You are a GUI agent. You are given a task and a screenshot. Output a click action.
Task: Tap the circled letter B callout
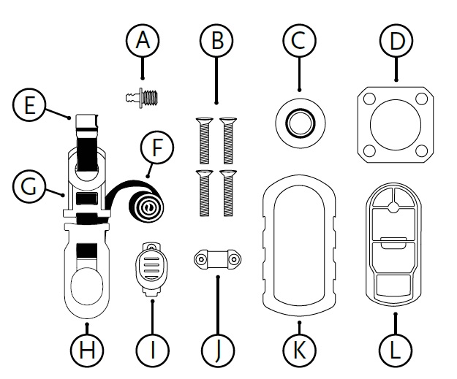[x=216, y=41]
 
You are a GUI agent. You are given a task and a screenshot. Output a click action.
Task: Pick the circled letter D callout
[x=396, y=41]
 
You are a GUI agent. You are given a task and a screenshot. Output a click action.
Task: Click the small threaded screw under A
[x=142, y=95]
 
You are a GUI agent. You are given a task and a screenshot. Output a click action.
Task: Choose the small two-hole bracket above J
[x=216, y=258]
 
